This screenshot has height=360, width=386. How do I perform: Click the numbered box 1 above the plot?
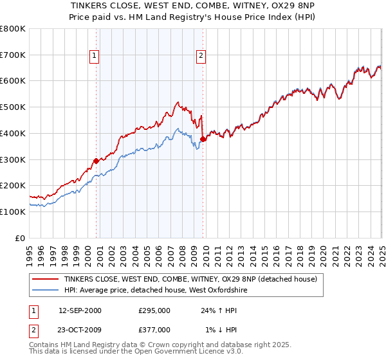coord(95,56)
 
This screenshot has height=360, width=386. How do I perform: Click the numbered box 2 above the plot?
coord(201,56)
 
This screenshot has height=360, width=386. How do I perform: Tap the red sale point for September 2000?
coord(96,161)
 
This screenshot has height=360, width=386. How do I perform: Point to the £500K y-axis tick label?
coord(13,107)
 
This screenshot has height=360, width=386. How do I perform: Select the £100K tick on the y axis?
coord(13,212)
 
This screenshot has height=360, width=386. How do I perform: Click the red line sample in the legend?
coord(46,280)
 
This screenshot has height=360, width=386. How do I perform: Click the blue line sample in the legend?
coord(46,291)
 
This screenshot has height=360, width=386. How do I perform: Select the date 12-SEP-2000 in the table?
coord(80,310)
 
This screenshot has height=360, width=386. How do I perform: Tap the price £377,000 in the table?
coord(154,330)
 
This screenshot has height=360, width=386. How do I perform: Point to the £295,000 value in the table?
coord(154,310)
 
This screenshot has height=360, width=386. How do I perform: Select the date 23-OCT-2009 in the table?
coord(80,330)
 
